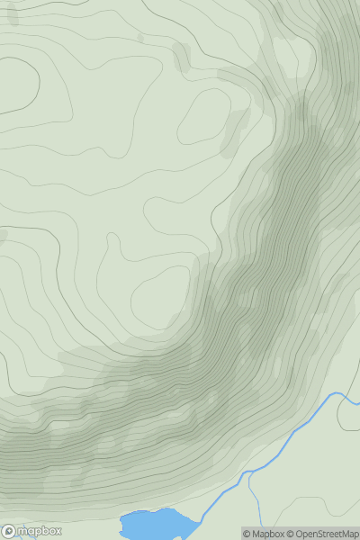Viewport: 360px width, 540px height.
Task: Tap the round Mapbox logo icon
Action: click(8, 531)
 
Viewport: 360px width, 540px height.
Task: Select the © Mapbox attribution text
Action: click(263, 534)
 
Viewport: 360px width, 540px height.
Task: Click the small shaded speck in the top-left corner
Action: click(13, 15)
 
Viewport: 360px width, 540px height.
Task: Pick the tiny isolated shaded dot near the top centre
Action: click(140, 38)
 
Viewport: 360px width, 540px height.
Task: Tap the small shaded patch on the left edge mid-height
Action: click(3, 237)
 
